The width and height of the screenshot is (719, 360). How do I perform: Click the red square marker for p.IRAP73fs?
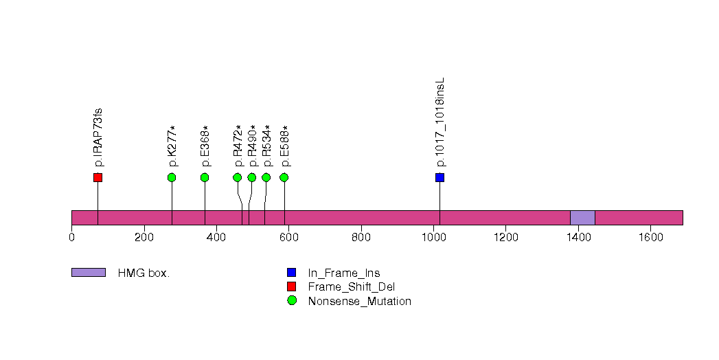point(98,177)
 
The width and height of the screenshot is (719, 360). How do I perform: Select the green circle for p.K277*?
point(172,177)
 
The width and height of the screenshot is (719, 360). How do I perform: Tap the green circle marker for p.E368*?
point(205,177)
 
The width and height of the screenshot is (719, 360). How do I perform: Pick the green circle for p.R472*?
point(238,177)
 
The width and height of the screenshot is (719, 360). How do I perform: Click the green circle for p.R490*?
point(252,177)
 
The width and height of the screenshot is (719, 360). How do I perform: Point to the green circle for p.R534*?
point(266,177)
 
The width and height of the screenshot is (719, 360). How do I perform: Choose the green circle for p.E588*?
point(284,177)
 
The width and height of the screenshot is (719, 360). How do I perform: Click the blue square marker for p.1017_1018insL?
point(440,177)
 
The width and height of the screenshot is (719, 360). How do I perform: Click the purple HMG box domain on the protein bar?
point(583,218)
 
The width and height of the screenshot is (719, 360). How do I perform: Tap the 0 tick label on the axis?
point(72,237)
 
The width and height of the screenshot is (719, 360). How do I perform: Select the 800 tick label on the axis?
point(361,237)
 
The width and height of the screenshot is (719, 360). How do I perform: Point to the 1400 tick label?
point(578,237)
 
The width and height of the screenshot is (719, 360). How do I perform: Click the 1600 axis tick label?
point(651,237)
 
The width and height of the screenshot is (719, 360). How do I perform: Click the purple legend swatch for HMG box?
point(89,273)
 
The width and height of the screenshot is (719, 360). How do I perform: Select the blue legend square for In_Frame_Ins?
point(292,273)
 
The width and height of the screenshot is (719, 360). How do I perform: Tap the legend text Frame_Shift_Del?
point(351,287)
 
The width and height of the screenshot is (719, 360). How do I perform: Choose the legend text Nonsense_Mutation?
point(360,302)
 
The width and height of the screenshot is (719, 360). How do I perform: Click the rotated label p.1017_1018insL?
point(441,122)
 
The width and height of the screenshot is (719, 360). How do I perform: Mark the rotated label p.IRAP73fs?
point(98,137)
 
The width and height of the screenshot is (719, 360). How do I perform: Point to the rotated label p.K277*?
point(172,146)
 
